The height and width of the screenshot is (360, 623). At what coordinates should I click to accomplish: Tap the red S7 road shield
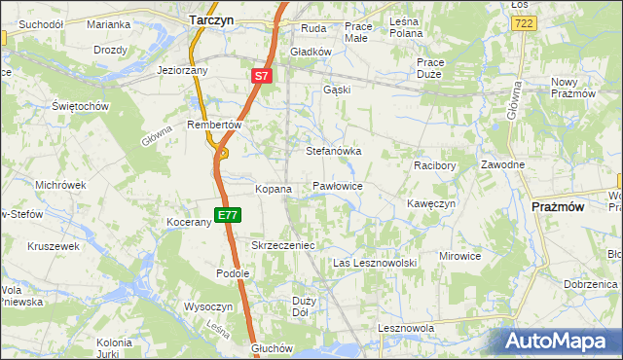261,75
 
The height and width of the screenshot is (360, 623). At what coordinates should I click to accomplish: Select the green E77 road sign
228,215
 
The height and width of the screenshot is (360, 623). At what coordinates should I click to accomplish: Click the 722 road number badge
524,22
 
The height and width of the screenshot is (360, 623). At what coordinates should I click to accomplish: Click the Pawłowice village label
338,185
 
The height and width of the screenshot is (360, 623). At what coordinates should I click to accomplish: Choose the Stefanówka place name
334,152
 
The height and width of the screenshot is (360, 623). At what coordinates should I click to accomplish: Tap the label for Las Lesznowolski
375,264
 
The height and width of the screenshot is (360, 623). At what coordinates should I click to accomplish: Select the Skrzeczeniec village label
283,245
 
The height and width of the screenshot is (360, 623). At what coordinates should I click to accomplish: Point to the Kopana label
274,189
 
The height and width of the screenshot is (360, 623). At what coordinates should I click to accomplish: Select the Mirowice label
460,256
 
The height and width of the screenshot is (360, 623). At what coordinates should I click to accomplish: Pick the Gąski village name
337,90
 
